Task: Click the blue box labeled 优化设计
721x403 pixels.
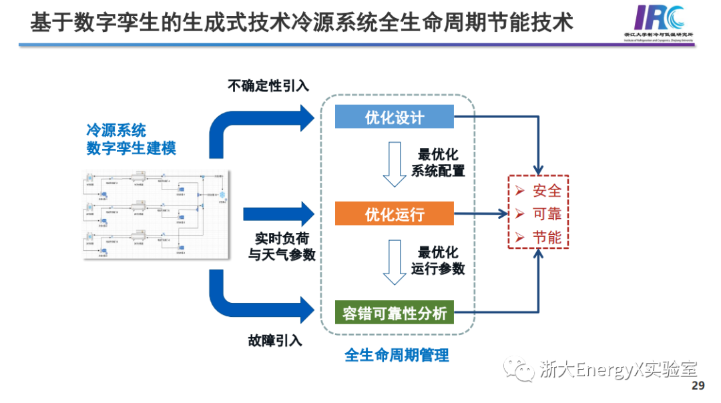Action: (x=394, y=117)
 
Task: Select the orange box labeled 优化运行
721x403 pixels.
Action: (x=394, y=214)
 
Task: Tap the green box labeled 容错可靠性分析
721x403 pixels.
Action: (x=394, y=312)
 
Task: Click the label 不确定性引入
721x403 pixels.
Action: (x=268, y=85)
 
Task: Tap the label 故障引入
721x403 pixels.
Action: (x=275, y=341)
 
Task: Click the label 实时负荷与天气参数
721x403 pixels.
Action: (x=282, y=246)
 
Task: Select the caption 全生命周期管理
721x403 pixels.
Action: (x=397, y=355)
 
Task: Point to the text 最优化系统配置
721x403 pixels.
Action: (x=438, y=162)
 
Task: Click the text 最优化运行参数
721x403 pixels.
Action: (x=438, y=261)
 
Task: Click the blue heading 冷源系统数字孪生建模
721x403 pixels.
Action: (x=131, y=139)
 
